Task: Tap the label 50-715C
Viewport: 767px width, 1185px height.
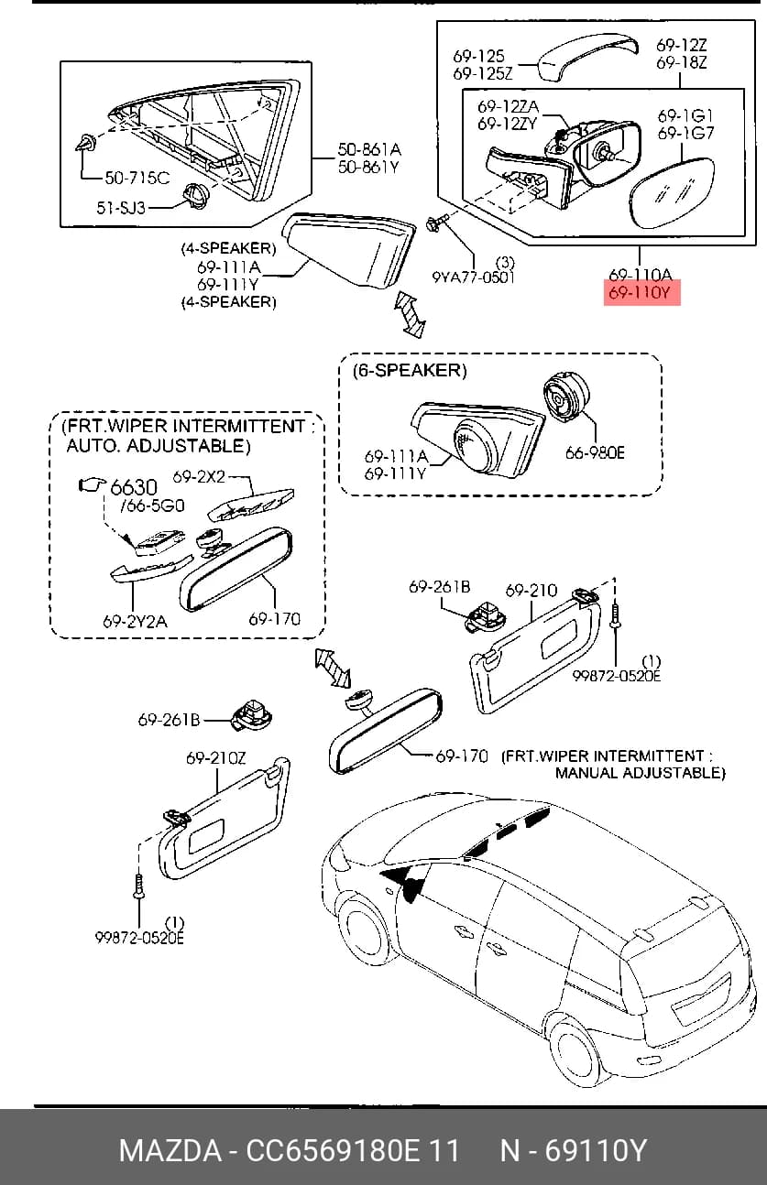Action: [x=137, y=178]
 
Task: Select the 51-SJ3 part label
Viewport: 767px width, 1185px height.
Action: [x=121, y=208]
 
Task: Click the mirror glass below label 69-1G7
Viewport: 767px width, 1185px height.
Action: [x=671, y=193]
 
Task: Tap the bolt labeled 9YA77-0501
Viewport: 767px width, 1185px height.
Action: [x=437, y=223]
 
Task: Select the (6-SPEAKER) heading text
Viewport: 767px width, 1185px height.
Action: [x=410, y=370]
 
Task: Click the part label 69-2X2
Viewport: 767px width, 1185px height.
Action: [x=199, y=476]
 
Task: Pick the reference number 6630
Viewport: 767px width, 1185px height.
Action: [x=134, y=486]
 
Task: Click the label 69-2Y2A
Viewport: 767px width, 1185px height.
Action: [x=135, y=621]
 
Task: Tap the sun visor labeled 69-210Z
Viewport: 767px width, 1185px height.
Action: [x=225, y=821]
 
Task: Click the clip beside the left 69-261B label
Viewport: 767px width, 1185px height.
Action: [x=252, y=716]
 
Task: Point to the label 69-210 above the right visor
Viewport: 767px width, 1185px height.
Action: [x=531, y=591]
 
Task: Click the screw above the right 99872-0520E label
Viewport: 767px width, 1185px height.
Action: [x=616, y=616]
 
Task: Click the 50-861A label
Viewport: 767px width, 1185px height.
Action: [x=369, y=149]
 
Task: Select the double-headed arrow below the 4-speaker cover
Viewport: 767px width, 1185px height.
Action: [x=410, y=314]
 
